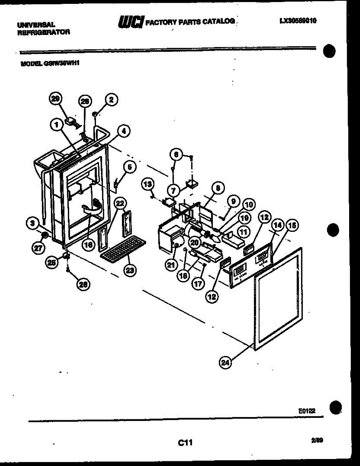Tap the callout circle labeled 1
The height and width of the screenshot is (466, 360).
[x=57, y=125]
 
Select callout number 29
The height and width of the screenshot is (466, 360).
[x=56, y=99]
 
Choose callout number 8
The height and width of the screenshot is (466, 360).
[x=217, y=188]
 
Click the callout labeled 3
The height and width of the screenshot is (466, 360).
[x=33, y=223]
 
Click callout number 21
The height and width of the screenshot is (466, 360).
[x=171, y=265]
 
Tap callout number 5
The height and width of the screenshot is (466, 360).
[x=130, y=167]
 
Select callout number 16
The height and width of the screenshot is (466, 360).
[x=88, y=245]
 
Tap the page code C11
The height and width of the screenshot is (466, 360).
[x=185, y=442]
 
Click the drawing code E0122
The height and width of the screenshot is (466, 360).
[x=307, y=410]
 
